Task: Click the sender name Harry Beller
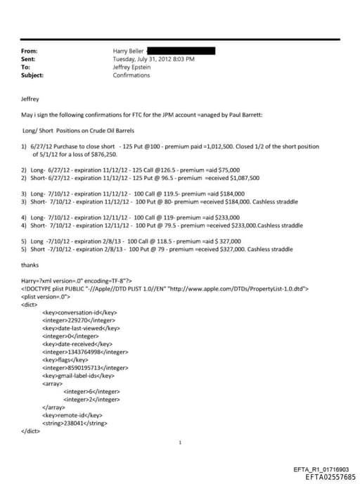(129, 51)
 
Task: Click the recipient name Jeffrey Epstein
(132, 67)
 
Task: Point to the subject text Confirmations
(131, 75)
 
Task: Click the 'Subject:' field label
(33, 75)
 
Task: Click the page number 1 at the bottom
(180, 442)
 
